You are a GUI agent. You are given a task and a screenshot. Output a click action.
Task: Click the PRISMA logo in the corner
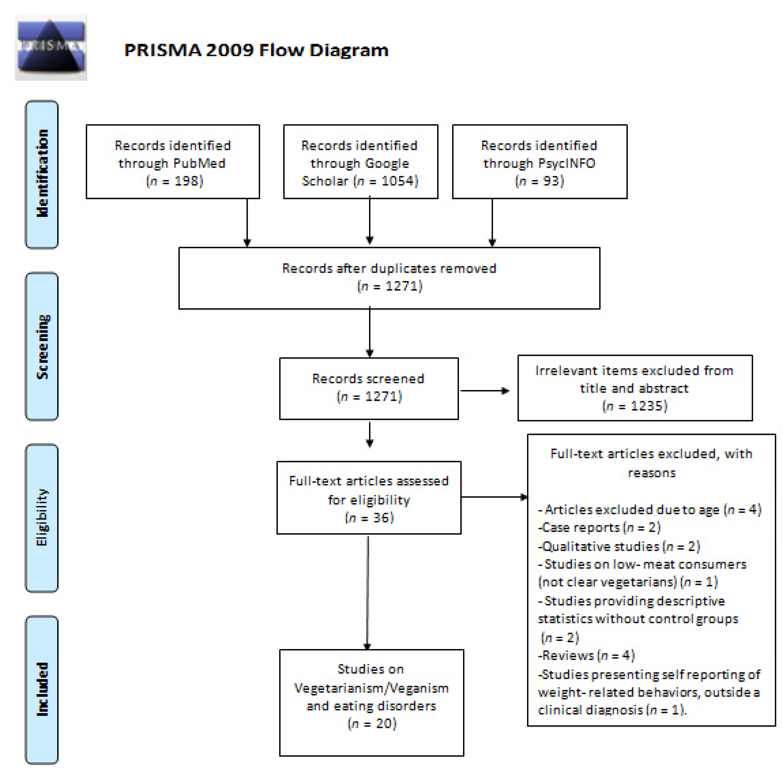pos(51,47)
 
